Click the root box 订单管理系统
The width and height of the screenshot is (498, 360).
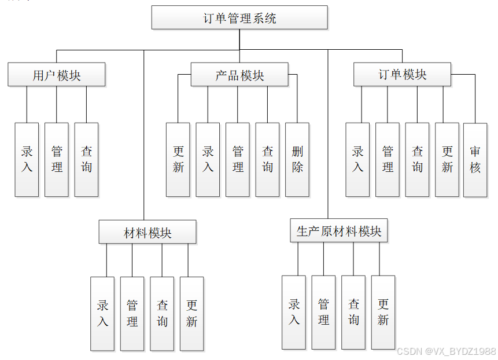[239, 18]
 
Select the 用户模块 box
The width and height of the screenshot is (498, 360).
[57, 75]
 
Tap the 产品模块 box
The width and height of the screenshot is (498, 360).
[239, 75]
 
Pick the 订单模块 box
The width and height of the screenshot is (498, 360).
[403, 75]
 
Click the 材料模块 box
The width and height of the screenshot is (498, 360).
[147, 233]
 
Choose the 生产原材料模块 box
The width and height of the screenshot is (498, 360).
[339, 232]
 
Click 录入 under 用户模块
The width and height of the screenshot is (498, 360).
[27, 159]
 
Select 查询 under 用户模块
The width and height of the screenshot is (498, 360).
[86, 159]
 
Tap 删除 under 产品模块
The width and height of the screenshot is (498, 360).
[297, 159]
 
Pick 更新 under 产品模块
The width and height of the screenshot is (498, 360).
[178, 159]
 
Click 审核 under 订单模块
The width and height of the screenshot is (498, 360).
[475, 159]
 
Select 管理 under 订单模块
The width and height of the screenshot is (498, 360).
[388, 159]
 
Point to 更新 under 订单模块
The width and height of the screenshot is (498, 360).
[447, 159]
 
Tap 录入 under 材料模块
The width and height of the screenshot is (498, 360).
[102, 313]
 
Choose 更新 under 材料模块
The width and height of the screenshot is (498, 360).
[191, 313]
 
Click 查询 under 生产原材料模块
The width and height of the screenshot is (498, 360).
[353, 312]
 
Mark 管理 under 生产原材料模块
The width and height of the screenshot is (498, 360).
[323, 312]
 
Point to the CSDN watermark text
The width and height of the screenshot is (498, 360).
[446, 351]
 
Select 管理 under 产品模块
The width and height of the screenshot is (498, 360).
[238, 159]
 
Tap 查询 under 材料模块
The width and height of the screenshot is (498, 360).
[162, 313]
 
